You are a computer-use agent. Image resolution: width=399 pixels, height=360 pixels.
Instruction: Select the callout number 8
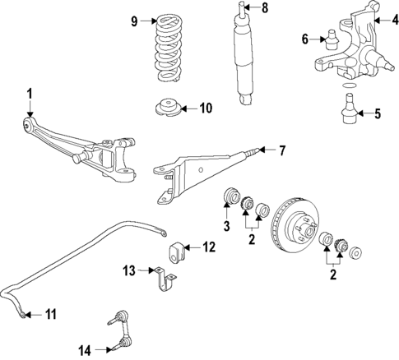[264, 10]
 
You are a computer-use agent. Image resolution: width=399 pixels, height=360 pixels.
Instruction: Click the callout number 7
[281, 150]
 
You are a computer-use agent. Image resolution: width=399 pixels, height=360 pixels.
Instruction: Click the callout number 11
[50, 313]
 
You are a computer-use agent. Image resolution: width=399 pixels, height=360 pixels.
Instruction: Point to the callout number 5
[377, 114]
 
